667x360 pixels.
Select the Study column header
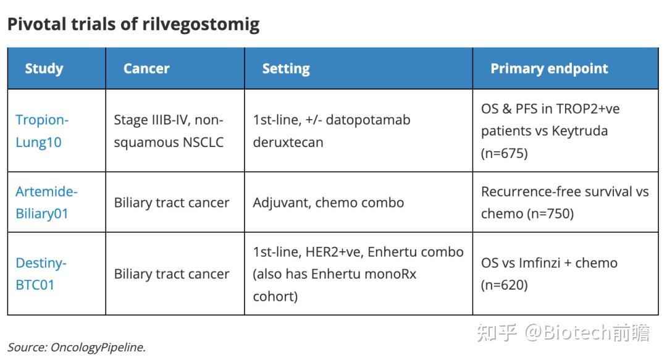[x=44, y=69]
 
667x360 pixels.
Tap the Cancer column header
[x=146, y=69]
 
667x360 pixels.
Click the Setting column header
[x=286, y=69]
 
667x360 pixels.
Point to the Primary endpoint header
[x=549, y=69]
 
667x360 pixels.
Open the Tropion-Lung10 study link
[x=41, y=131]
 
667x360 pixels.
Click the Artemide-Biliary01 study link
[x=46, y=203]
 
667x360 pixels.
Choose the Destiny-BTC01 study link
[x=41, y=274]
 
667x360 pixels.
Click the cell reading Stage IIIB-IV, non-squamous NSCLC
[x=169, y=131]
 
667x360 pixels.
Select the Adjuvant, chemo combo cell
[x=328, y=203]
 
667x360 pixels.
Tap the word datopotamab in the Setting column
[x=369, y=120]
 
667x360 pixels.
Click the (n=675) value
[x=505, y=153]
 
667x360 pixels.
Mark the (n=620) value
[x=505, y=285]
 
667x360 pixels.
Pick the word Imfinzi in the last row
[x=545, y=263]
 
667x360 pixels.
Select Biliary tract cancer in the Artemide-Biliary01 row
[x=172, y=203]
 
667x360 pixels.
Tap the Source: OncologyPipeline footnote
[x=77, y=347]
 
